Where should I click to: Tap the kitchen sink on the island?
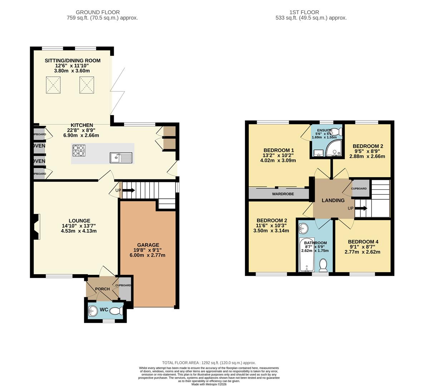pyautogui.click(x=121, y=157)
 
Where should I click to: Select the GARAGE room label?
pyautogui.click(x=148, y=245)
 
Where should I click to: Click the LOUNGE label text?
pyautogui.click(x=79, y=221)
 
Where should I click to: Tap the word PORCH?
pyautogui.click(x=102, y=289)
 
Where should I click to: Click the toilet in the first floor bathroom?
pyautogui.click(x=324, y=265)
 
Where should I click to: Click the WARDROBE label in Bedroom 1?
pyautogui.click(x=283, y=194)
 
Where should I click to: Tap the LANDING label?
pyautogui.click(x=333, y=201)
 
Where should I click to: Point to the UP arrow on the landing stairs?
pyautogui.click(x=361, y=208)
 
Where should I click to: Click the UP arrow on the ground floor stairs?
pyautogui.click(x=128, y=190)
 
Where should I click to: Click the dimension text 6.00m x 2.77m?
pyautogui.click(x=147, y=255)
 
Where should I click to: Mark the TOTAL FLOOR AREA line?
pyautogui.click(x=209, y=362)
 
